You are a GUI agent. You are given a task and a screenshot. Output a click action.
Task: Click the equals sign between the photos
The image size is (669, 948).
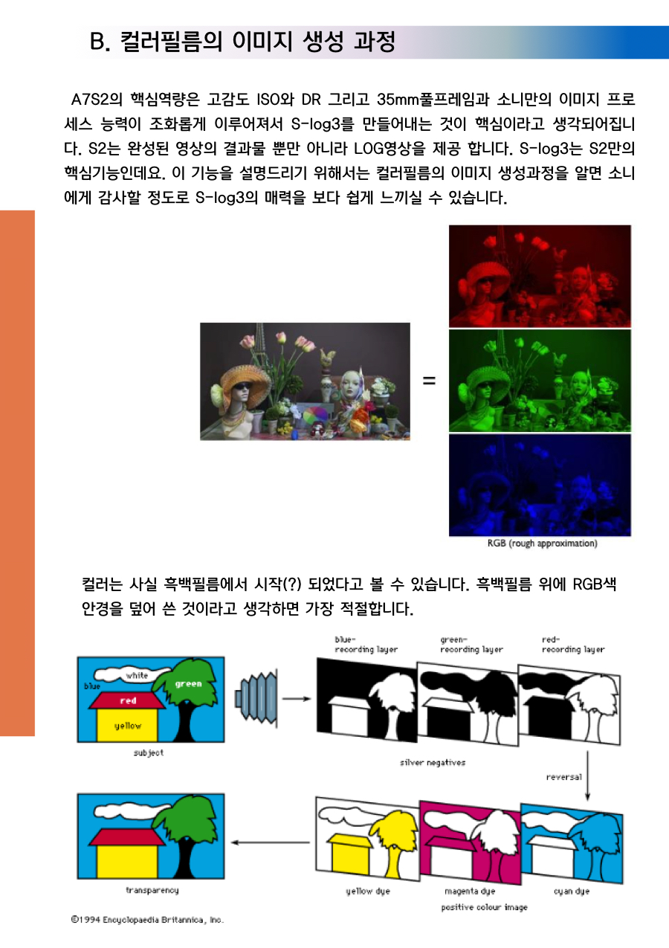429,381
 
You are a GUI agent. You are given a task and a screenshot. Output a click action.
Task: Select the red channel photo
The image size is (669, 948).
540,276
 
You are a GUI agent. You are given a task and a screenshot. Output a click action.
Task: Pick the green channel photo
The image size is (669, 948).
540,381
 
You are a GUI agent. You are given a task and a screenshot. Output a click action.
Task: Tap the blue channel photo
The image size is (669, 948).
540,485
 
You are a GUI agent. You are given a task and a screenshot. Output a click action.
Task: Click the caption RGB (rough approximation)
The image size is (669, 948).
542,543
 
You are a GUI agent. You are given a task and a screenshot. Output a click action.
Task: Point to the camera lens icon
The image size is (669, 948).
256,698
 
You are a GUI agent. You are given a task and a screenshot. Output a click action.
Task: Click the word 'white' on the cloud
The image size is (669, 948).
137,675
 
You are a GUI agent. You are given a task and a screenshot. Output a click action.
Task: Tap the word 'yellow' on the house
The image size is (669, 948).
127,726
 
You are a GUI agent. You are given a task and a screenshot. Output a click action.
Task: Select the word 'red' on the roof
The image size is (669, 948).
128,701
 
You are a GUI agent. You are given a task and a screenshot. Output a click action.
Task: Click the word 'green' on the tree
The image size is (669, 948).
188,684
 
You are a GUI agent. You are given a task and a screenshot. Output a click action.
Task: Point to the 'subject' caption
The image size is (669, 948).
148,753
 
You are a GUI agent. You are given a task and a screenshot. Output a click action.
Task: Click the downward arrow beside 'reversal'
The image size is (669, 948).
587,776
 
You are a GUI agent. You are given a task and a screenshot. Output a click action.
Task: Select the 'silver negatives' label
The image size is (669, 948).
433,763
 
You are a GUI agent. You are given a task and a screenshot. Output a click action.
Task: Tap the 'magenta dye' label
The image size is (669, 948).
470,891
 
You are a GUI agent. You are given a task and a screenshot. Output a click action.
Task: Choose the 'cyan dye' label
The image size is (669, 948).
572,891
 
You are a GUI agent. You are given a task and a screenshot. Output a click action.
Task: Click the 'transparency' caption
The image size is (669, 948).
152,891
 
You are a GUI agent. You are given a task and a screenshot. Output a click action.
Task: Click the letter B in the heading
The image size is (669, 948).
97,42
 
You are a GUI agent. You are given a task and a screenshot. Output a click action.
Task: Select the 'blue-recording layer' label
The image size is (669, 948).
366,645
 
